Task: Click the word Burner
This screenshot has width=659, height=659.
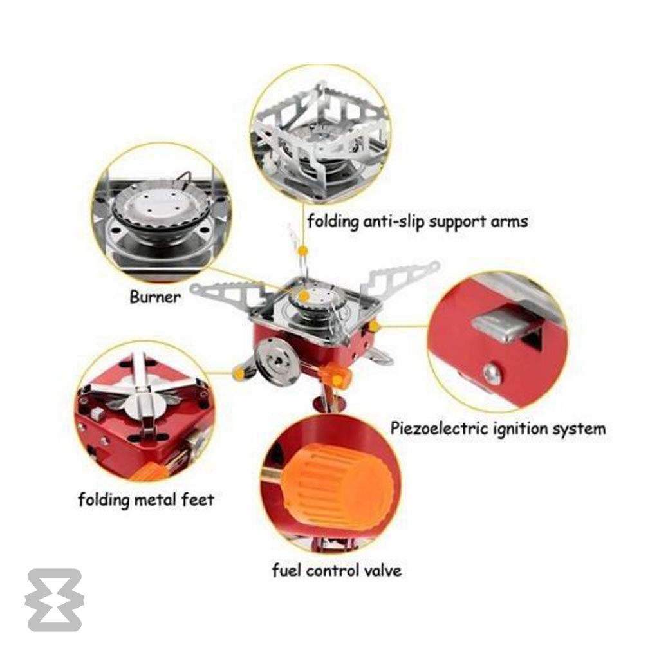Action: coord(155,297)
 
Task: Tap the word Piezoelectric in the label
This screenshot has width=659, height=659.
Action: coord(439,429)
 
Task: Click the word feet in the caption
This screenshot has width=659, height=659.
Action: coord(198,499)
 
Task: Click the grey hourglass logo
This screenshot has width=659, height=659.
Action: coord(54,600)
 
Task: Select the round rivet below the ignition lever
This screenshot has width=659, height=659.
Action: coord(492,374)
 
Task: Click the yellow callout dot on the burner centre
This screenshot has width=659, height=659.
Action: coord(304,296)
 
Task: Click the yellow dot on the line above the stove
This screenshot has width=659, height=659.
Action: coord(302,252)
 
